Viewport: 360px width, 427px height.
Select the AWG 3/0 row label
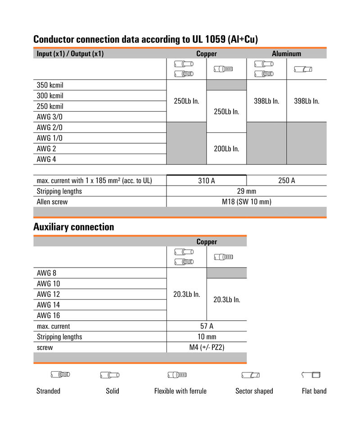tap(49, 117)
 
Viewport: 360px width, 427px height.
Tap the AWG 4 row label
tap(46, 159)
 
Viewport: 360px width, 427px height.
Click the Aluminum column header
tap(286, 54)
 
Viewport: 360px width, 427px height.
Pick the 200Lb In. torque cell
tap(226, 149)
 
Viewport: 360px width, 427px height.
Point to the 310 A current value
tap(207, 181)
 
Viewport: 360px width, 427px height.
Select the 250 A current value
tap(287, 181)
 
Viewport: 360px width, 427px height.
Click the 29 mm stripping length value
tap(247, 191)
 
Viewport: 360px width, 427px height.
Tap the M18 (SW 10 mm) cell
tap(247, 202)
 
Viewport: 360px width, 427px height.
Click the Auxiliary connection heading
tap(74, 227)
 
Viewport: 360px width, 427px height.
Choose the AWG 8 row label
tap(46, 273)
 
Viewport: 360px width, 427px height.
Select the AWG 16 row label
tap(48, 315)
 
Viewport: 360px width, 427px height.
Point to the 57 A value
tap(207, 326)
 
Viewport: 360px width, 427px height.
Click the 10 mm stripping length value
tap(207, 336)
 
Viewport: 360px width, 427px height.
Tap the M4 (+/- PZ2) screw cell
tap(207, 347)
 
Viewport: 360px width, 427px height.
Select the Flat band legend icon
tap(310, 375)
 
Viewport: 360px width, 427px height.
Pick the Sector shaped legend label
tap(254, 391)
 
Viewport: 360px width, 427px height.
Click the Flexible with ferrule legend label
tap(180, 391)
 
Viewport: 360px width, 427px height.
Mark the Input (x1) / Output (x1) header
tap(70, 54)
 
